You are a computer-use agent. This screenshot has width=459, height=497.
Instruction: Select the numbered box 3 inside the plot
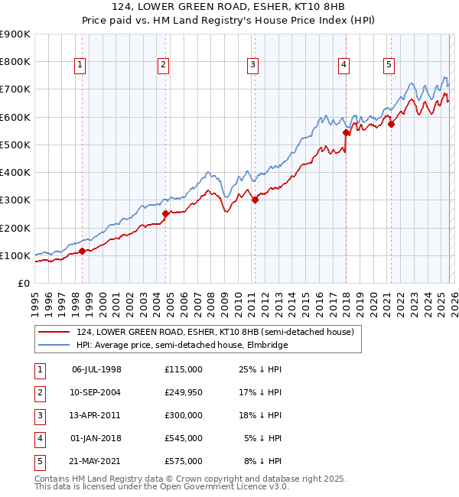coord(252,66)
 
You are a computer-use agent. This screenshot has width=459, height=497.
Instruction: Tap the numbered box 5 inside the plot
coord(389,66)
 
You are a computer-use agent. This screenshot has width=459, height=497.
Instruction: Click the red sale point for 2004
coord(165,213)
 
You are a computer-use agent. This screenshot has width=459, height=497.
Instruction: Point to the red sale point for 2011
coord(255,200)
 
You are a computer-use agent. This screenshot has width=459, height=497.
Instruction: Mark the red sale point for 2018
coord(346,132)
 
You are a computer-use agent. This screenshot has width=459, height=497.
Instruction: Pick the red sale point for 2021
coord(391,124)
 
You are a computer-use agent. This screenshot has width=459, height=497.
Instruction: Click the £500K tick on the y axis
coord(15,145)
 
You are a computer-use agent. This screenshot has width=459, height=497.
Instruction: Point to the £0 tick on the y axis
coord(23,283)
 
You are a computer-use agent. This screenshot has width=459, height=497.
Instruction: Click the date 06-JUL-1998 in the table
coord(96,369)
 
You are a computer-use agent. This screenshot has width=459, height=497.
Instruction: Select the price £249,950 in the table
coord(183,392)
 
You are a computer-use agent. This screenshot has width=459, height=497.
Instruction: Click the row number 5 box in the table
coord(37,461)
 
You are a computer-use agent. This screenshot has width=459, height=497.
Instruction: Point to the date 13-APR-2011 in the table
coord(96,415)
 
